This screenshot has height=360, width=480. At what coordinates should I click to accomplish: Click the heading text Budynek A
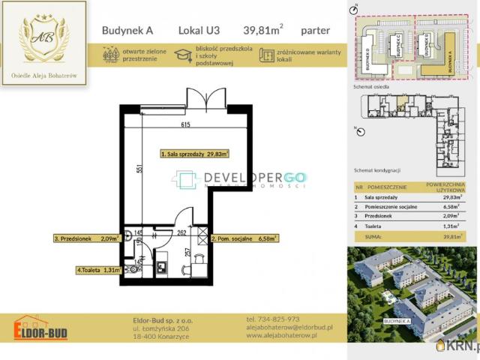tap(124, 31)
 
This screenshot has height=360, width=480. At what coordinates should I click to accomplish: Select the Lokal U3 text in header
tap(199, 31)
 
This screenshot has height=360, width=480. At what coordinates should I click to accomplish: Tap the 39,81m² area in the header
tap(262, 31)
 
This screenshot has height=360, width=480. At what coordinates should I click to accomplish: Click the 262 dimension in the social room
tap(181, 232)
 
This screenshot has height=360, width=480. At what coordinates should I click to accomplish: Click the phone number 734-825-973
tap(272, 319)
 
